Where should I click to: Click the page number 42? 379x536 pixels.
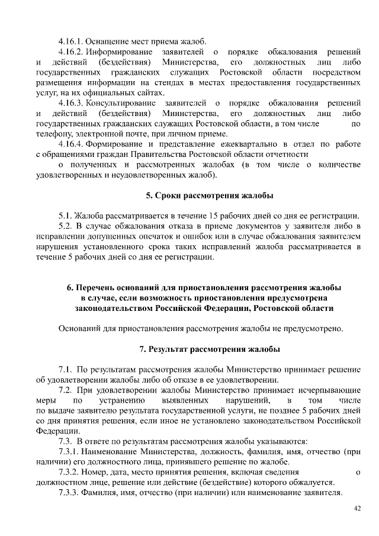click(x=356, y=508)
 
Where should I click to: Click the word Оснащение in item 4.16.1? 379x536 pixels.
click(x=105, y=41)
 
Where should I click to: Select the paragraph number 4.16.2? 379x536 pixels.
click(x=72, y=52)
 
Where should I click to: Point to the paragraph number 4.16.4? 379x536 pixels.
click(x=72, y=144)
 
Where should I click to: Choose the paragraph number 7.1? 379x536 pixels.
click(x=65, y=369)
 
